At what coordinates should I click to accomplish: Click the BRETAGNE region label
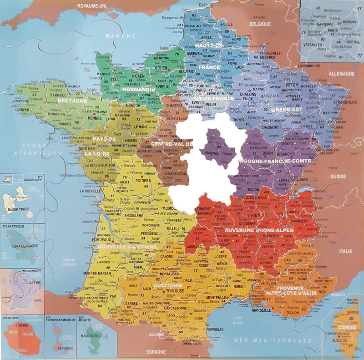click(72, 101)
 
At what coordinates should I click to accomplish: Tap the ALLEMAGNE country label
click(341, 73)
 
